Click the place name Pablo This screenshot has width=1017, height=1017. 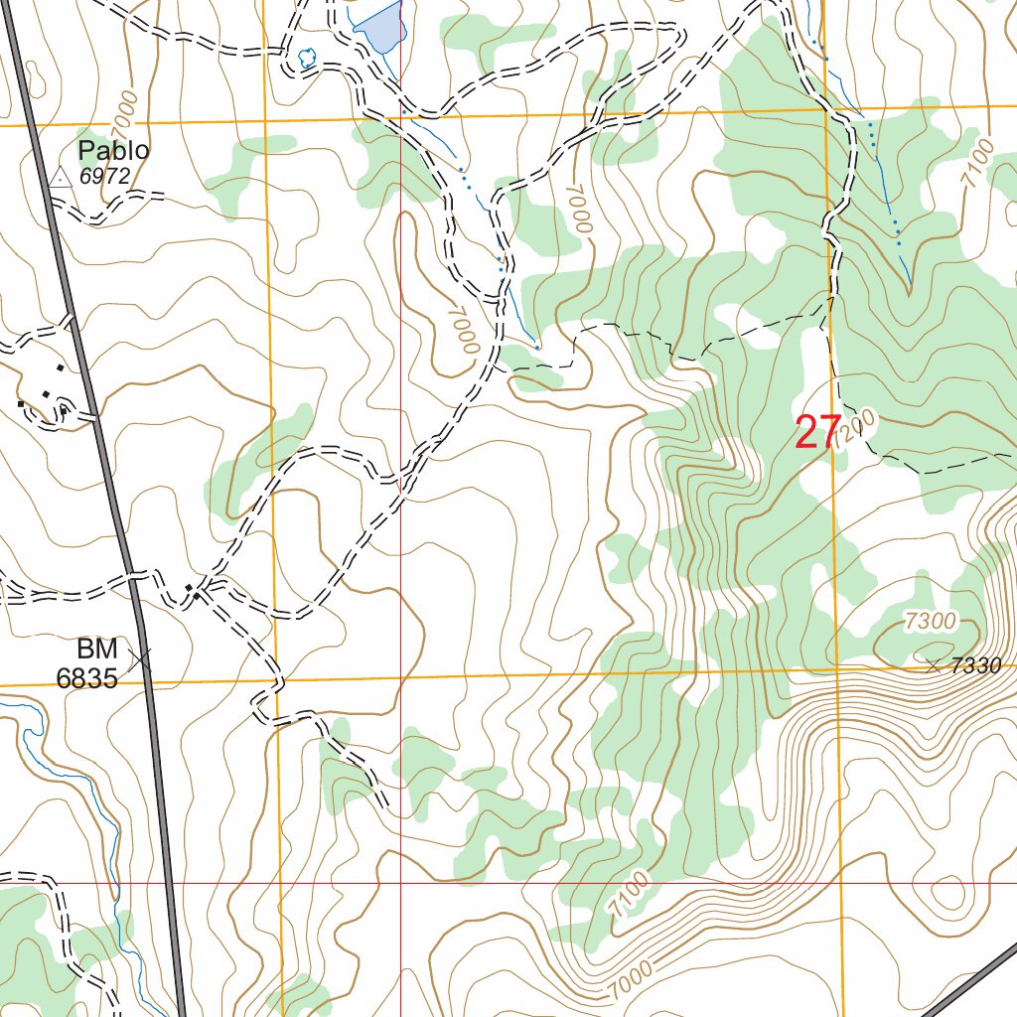[114, 151]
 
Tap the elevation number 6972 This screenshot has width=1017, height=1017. [105, 176]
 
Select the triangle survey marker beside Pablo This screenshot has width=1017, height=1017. [60, 178]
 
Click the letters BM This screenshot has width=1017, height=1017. [97, 651]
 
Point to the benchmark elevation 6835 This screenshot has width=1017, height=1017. [86, 678]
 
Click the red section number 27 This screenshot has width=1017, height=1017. [817, 433]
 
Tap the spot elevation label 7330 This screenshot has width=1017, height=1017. [975, 666]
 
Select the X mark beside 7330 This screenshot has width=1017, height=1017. [934, 666]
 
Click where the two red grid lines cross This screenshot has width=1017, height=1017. [400, 882]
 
